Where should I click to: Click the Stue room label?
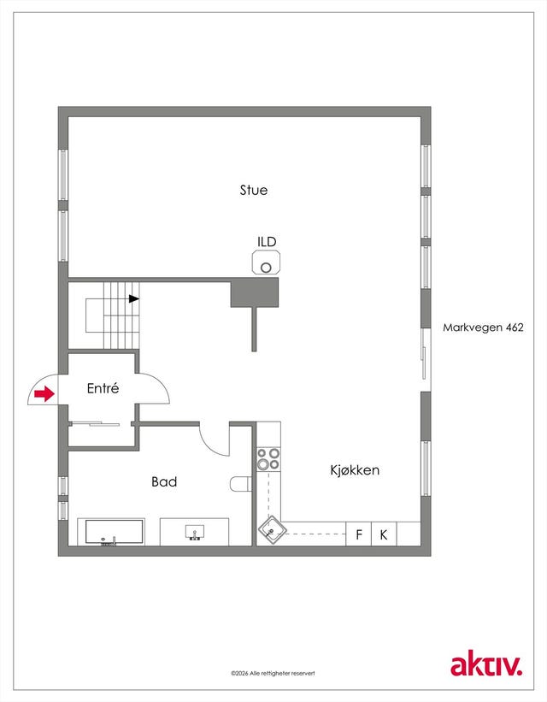click(x=254, y=190)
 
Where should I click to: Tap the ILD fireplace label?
click(x=267, y=242)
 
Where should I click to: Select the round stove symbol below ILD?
click(x=267, y=263)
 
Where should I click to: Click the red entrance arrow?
click(x=44, y=394)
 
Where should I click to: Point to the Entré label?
click(x=103, y=387)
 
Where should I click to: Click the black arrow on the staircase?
click(x=134, y=298)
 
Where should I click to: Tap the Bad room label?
click(x=164, y=481)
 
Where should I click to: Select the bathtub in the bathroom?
click(x=111, y=532)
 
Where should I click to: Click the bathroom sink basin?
click(x=195, y=532)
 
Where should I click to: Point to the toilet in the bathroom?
click(x=241, y=484)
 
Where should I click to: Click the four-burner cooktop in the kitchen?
click(x=268, y=459)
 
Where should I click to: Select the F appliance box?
click(x=359, y=534)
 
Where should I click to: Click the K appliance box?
click(x=384, y=534)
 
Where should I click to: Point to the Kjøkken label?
click(x=355, y=470)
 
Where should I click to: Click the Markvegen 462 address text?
click(x=483, y=327)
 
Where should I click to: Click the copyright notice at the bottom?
click(x=273, y=673)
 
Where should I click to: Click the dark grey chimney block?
click(x=254, y=292)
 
